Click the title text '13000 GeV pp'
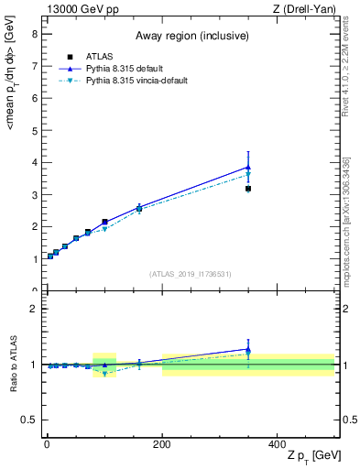pyautogui.click(x=79, y=9)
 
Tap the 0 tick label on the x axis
pyautogui.click(x=46, y=443)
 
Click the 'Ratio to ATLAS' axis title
pyautogui.click(x=12, y=364)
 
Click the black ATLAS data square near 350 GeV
pyautogui.click(x=247, y=189)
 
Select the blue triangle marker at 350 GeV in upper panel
pyautogui.click(x=247, y=167)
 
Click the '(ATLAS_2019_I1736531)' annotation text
pyautogui.click(x=191, y=274)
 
